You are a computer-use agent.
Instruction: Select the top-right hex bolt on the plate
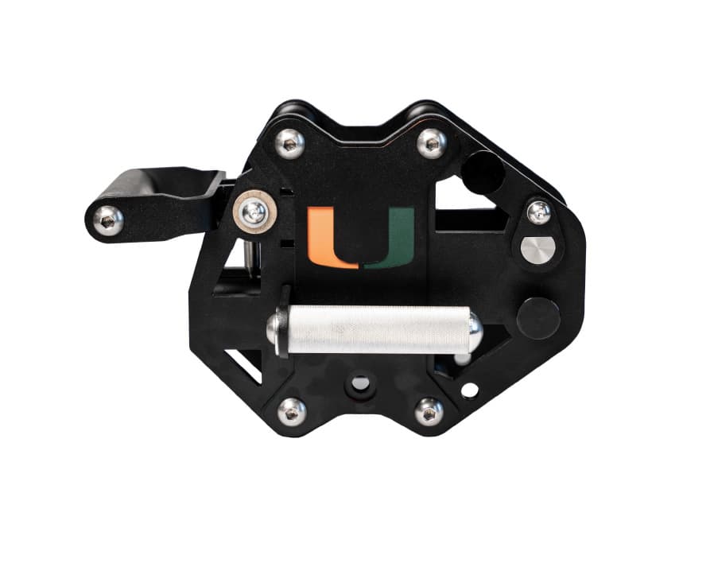click(x=432, y=144)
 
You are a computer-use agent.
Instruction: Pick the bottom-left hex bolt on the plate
click(x=292, y=413)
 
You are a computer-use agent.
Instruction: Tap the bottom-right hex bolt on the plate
click(x=429, y=413)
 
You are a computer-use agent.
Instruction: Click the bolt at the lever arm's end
click(x=108, y=221)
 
